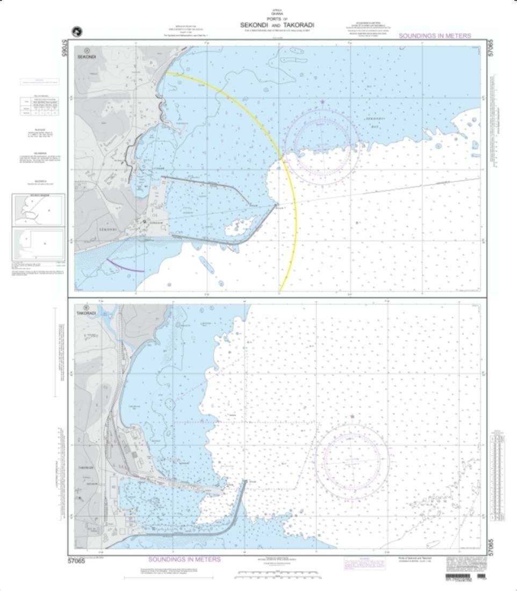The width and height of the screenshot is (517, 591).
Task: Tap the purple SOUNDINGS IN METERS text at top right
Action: click(x=435, y=36)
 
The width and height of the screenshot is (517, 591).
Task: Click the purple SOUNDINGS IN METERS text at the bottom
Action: click(x=184, y=559)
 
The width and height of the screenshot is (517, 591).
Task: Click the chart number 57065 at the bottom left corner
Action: click(x=77, y=561)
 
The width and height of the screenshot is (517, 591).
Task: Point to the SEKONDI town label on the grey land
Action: click(x=107, y=229)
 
